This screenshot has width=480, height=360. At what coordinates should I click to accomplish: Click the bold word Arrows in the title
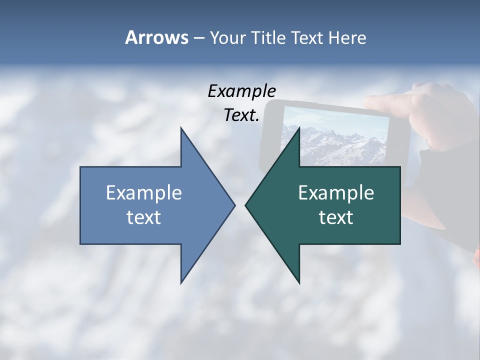156,38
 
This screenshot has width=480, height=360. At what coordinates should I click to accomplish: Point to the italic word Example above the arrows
241,91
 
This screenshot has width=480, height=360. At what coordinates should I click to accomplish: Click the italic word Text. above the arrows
241,115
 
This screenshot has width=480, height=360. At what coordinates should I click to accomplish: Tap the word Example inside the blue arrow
144,192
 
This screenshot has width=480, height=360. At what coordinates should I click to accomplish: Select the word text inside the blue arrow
144,217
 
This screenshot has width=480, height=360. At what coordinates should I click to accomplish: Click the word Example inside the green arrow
336,192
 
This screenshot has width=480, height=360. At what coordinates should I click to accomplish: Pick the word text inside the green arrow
336,217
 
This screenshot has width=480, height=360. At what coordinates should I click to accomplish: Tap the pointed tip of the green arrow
246,205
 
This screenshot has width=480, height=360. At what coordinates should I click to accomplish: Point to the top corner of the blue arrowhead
181,128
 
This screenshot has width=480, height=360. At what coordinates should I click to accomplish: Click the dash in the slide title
198,38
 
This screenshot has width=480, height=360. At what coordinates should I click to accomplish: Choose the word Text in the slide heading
306,38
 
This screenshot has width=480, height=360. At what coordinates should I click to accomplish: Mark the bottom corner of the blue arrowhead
181,282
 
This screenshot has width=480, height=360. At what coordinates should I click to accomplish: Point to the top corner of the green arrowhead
298,128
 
